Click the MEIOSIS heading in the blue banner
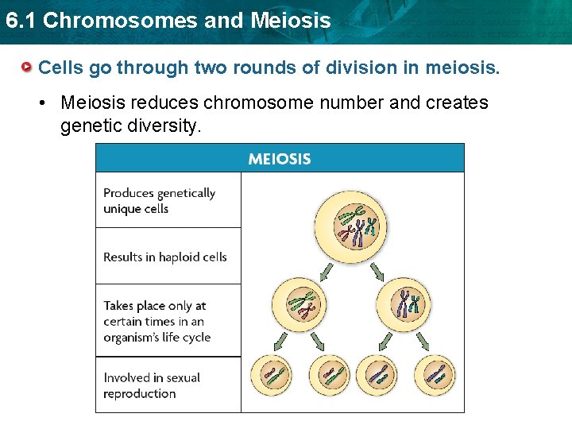[x=280, y=158]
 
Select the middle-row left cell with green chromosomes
[x=300, y=304]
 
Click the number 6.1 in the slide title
[x=20, y=21]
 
